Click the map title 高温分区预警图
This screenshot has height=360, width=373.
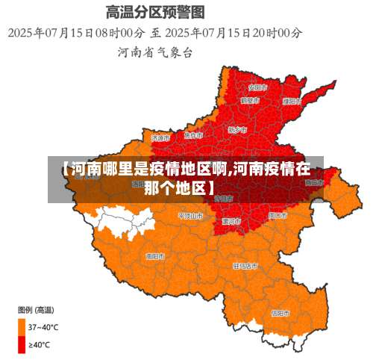click(x=155, y=12)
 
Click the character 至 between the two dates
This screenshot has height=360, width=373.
click(x=155, y=33)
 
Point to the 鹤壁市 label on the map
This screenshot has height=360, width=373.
click(x=250, y=99)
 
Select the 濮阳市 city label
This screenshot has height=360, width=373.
click(x=292, y=101)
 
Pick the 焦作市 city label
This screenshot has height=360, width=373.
click(x=193, y=135)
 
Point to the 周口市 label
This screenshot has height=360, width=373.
click(x=277, y=215)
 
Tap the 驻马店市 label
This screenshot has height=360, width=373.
click(x=245, y=265)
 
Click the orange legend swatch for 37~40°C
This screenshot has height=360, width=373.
click(x=22, y=326)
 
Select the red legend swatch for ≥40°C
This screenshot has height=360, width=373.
click(x=22, y=344)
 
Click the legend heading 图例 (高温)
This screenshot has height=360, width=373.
click(x=35, y=309)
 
